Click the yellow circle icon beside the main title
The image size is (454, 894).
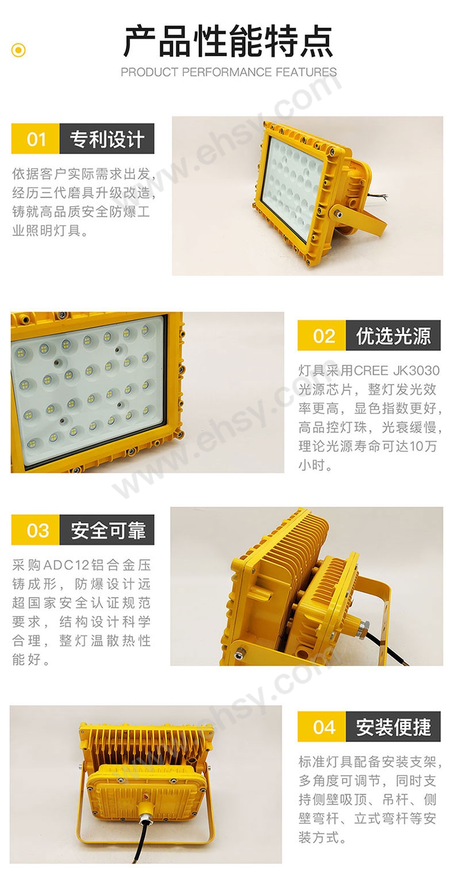pos(18,51)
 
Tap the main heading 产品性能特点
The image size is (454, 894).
pos(228,41)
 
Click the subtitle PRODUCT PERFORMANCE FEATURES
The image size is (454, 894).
pos(229,72)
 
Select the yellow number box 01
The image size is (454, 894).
pos(36,138)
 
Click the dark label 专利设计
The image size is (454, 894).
pos(107,138)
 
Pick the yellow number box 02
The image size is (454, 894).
pos(322,335)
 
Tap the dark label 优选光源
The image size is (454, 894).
pos(393,335)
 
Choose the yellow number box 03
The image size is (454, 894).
pos(36,530)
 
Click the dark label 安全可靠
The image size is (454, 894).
pos(107,530)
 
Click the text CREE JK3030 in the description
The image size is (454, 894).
pos(397,371)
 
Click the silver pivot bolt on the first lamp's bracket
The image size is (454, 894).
pos(338,211)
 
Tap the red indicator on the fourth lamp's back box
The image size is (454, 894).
pos(146,796)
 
